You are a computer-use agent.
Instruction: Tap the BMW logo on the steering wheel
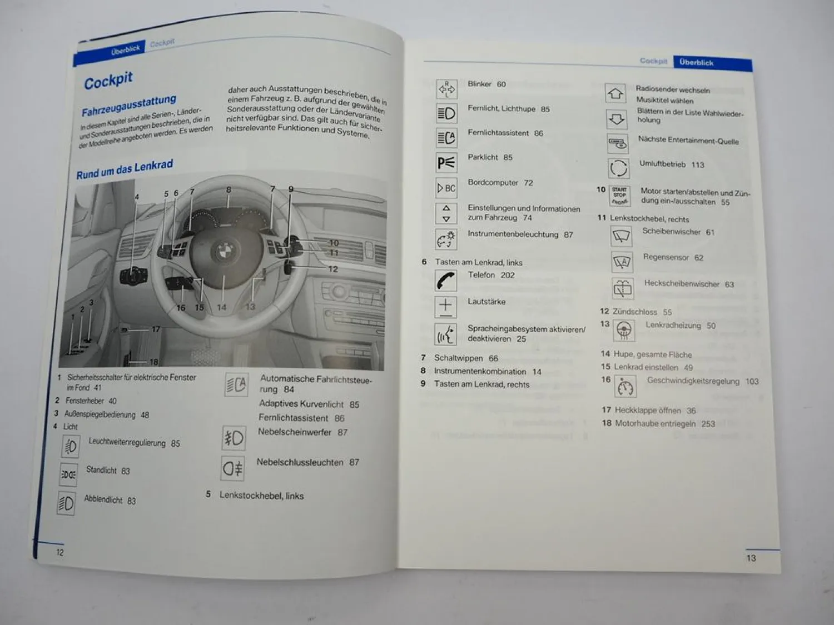click(x=224, y=252)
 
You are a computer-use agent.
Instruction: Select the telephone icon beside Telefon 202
click(x=445, y=280)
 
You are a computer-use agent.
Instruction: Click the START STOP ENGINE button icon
click(x=619, y=196)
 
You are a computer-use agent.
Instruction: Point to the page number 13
click(x=751, y=558)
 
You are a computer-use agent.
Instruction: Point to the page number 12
click(x=59, y=552)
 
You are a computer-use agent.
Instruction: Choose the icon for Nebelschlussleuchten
click(x=232, y=468)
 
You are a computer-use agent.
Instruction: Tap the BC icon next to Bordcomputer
click(x=446, y=188)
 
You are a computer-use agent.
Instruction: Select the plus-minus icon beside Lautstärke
click(x=445, y=307)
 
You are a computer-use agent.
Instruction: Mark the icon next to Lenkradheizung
click(x=624, y=331)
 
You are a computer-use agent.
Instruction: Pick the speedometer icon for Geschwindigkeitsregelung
click(x=625, y=387)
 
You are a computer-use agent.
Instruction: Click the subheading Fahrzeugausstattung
click(x=129, y=105)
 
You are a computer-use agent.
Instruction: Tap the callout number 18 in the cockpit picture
click(x=154, y=362)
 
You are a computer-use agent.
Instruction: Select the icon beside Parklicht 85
click(x=446, y=162)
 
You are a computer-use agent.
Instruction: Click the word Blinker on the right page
click(x=479, y=84)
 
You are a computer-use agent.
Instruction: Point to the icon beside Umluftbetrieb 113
click(x=618, y=168)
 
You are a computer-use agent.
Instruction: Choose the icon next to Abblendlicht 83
click(x=66, y=503)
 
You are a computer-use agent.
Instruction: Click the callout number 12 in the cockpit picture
click(x=332, y=269)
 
